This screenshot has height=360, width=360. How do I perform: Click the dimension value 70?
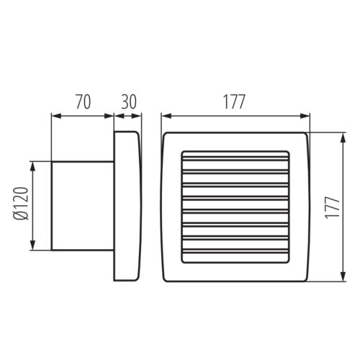[82, 102]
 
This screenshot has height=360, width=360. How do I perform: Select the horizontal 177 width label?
[234, 102]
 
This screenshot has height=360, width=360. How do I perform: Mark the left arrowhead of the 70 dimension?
[53, 115]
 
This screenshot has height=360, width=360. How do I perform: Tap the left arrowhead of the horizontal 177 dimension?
[164, 115]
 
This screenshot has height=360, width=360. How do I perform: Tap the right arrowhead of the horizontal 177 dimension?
[307, 115]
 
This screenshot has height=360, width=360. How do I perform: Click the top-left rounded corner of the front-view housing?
[166, 136]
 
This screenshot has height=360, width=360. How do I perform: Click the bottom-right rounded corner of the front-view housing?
[308, 277]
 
